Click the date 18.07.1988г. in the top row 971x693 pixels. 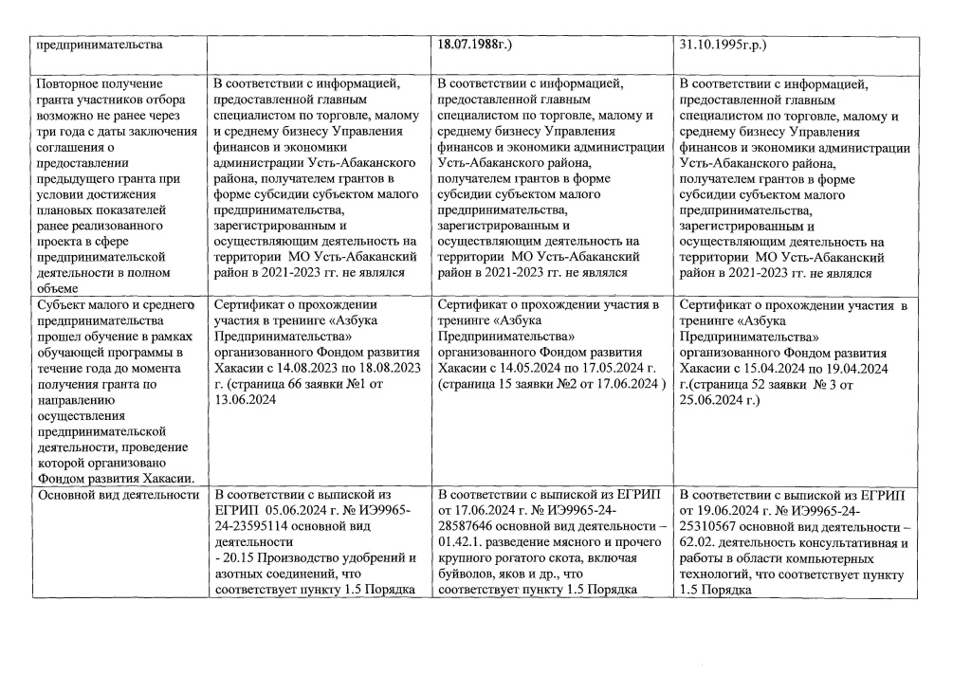(474, 44)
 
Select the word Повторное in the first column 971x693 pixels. (66, 84)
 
